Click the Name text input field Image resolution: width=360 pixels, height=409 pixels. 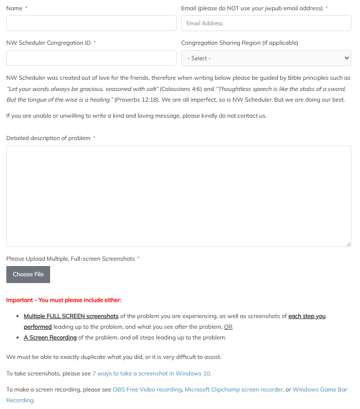[91, 23]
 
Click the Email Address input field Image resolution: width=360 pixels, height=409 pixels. [266, 23]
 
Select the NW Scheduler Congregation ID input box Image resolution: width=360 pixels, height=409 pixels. [91, 58]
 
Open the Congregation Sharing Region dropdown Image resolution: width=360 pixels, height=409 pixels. [266, 58]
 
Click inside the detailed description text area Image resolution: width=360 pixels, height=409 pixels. [178, 196]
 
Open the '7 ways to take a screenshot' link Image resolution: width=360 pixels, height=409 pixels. [151, 373]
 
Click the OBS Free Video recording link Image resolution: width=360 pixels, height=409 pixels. [147, 390]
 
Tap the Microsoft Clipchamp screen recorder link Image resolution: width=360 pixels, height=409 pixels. [234, 390]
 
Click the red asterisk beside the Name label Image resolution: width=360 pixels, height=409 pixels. [26, 8]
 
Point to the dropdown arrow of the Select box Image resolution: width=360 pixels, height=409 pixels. [346, 58]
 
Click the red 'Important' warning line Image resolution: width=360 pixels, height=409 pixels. [64, 300]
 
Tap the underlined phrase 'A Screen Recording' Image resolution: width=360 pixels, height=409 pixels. [50, 338]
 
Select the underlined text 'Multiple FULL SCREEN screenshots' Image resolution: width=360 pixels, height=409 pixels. [71, 316]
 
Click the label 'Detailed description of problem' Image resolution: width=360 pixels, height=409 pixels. [48, 138]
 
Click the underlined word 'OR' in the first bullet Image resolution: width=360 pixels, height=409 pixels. [228, 327]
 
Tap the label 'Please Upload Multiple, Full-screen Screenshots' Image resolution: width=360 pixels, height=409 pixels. [71, 259]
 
